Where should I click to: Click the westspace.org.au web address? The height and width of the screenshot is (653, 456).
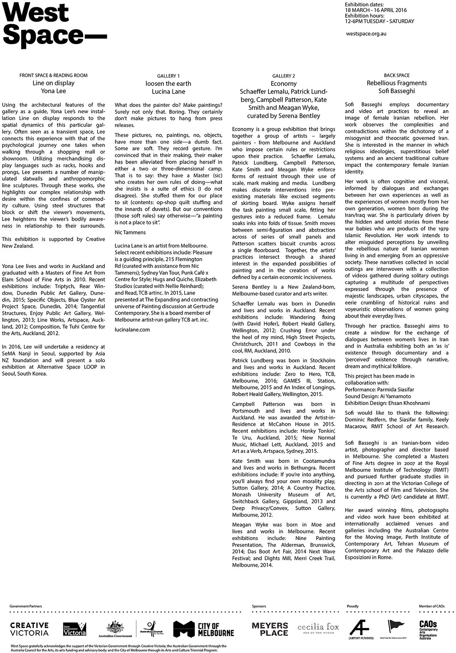pos(365,33)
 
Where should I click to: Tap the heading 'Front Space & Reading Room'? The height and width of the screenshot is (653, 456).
pos(54,75)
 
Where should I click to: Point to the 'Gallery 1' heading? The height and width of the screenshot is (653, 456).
pos(168,76)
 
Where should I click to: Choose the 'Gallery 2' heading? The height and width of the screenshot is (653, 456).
pos(284,76)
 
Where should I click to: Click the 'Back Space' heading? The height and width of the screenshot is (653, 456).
pos(396,75)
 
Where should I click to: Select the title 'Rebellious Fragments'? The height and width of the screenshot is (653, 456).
pos(396,83)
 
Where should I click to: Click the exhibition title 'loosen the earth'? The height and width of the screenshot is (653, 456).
pos(168,83)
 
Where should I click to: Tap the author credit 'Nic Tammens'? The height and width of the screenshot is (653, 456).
pos(130,232)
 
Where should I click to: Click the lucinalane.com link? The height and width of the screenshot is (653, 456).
pos(132,330)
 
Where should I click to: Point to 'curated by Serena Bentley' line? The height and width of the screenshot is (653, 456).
pos(284,115)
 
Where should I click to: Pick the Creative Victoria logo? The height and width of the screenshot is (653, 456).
pos(29,629)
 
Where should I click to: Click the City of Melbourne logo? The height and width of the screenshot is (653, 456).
pos(204,629)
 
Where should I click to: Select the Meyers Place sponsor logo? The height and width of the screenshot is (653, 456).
pos(270,629)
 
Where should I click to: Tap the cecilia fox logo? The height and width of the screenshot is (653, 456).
pos(318,629)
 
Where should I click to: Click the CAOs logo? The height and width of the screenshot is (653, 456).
pos(428,629)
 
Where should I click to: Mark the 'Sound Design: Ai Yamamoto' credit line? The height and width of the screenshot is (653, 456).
pos(377,396)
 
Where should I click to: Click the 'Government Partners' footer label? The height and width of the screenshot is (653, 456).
pos(26,606)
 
